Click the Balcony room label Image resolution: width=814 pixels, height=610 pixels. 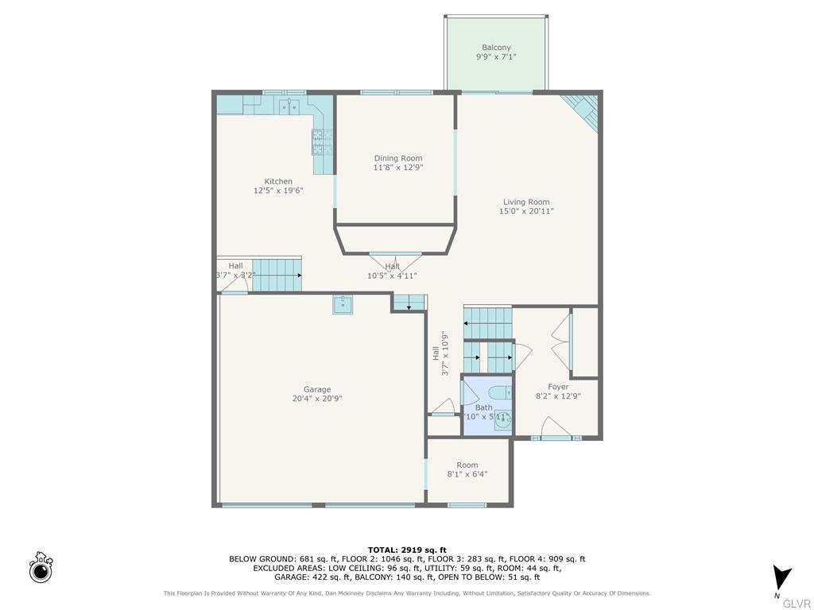pyautogui.click(x=496, y=48)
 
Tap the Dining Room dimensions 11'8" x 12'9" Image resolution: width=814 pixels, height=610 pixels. pyautogui.click(x=398, y=168)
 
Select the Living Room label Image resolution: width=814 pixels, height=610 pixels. pyautogui.click(x=525, y=202)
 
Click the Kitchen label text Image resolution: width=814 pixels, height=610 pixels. pyautogui.click(x=278, y=182)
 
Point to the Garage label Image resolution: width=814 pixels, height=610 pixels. pyautogui.click(x=316, y=389)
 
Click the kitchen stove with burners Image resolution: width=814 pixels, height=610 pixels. pyautogui.click(x=321, y=142)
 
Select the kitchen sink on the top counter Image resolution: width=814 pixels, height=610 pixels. pyautogui.click(x=289, y=105)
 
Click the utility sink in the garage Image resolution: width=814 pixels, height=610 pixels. pyautogui.click(x=343, y=303)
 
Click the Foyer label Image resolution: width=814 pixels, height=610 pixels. pyautogui.click(x=558, y=387)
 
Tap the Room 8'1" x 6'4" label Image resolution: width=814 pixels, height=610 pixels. pyautogui.click(x=467, y=465)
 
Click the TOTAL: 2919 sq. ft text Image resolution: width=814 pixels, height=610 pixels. pyautogui.click(x=407, y=550)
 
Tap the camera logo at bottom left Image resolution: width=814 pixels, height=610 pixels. pyautogui.click(x=41, y=568)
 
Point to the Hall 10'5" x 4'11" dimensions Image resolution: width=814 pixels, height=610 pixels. pyautogui.click(x=392, y=276)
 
